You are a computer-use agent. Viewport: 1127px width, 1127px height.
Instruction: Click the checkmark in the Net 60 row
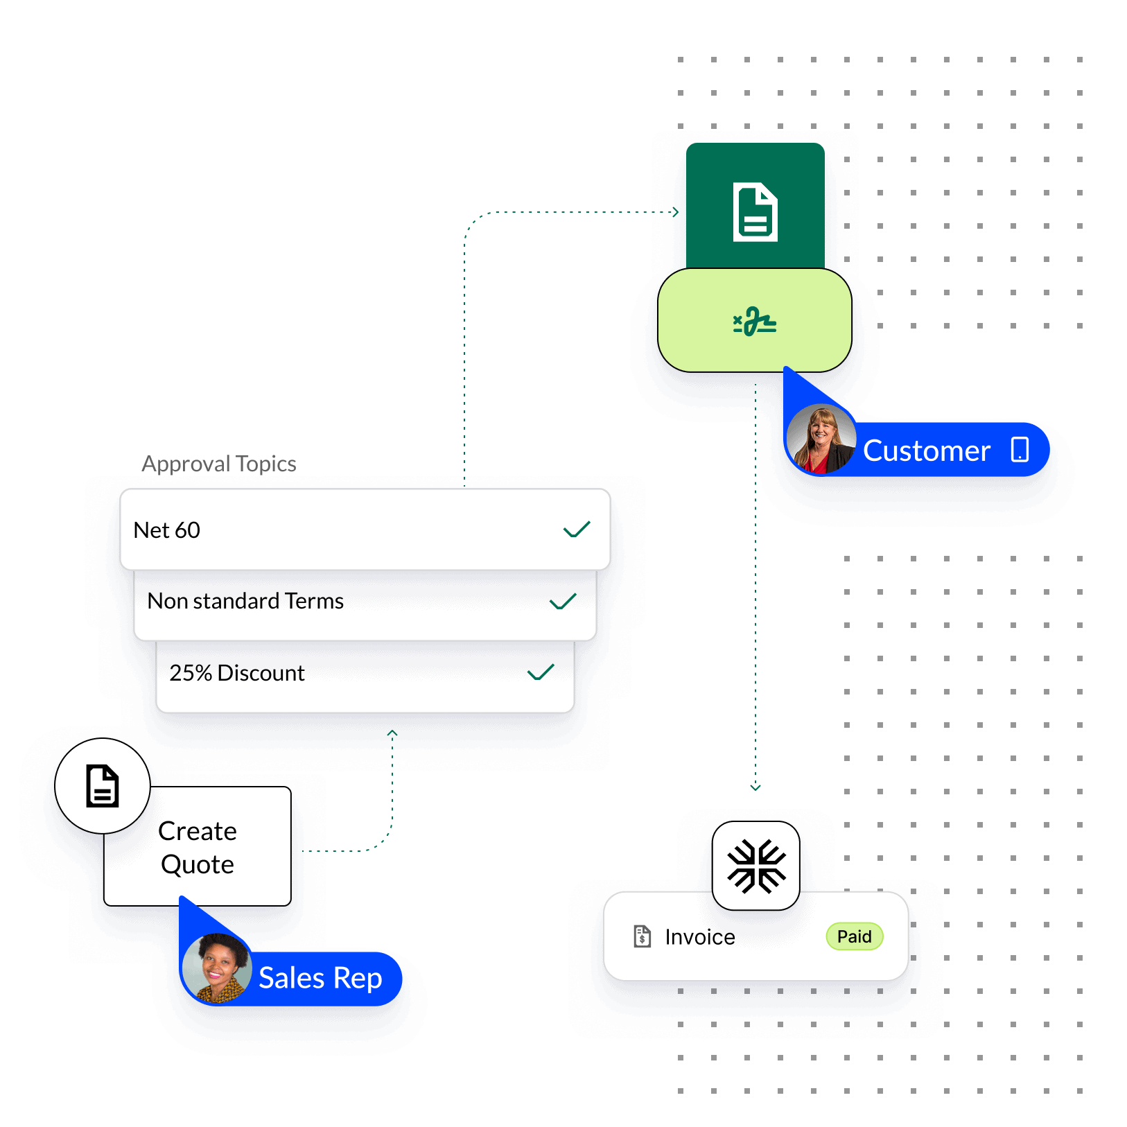point(577,530)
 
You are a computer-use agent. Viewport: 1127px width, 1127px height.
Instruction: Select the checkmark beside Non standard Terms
point(563,602)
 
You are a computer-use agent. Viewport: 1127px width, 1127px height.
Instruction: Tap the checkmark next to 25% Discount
point(541,672)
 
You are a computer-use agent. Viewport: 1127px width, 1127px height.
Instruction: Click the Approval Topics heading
point(219,464)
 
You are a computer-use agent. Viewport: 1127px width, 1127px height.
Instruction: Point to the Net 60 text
point(167,530)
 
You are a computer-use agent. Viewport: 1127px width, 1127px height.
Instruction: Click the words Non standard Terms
point(245,601)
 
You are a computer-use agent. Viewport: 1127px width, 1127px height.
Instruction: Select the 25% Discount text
point(237,673)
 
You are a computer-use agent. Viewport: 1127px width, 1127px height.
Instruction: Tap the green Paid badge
point(855,936)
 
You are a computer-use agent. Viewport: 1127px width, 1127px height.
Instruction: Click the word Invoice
point(700,937)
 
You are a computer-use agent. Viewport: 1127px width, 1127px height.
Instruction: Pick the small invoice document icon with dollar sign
point(643,936)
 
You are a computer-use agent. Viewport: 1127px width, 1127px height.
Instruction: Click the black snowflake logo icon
point(756,866)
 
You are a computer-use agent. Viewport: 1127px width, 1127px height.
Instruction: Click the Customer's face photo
point(821,439)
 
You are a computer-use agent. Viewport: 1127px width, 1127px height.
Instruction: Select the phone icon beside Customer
point(1020,449)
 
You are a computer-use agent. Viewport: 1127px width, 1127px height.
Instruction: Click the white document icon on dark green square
point(755,212)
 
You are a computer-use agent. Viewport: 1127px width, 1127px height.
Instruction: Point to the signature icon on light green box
point(755,322)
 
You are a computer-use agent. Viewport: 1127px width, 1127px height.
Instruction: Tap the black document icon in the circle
point(103,786)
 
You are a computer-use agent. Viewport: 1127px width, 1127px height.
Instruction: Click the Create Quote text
point(198,848)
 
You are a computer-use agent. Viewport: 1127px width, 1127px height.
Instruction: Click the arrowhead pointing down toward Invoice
point(755,787)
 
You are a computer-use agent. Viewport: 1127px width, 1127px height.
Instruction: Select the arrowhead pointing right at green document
point(676,212)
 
